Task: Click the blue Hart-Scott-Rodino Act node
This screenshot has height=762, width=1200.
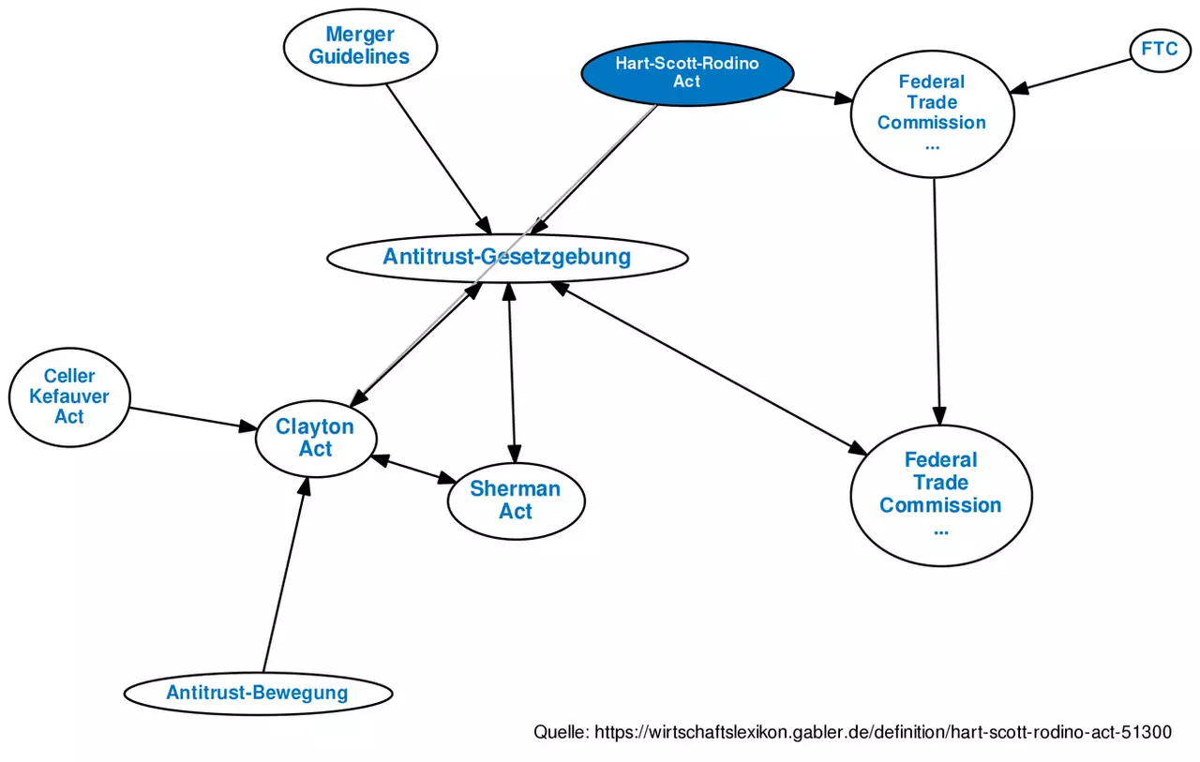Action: [x=687, y=72]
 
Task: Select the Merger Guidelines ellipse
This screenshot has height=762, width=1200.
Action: [x=360, y=45]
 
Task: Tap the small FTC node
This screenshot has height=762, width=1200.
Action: [x=1160, y=49]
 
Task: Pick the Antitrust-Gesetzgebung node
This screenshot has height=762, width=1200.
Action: [x=506, y=257]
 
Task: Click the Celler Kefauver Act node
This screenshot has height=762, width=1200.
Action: [x=69, y=396]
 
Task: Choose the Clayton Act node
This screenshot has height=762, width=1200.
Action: [x=316, y=438]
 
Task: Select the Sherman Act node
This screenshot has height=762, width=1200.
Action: [x=516, y=500]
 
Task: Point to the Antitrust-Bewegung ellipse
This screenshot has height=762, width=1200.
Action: [x=257, y=694]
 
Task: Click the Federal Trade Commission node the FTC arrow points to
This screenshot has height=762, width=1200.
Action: [x=932, y=112]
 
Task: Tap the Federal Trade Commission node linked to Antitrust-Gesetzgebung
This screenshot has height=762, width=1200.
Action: [x=940, y=494]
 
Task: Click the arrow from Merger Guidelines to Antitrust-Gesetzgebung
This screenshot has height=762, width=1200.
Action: [x=437, y=158]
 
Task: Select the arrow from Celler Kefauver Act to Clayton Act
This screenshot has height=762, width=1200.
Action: [x=192, y=419]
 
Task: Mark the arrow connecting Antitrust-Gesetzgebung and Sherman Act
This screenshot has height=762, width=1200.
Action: [x=511, y=366]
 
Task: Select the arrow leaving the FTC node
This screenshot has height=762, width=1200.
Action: [x=1073, y=75]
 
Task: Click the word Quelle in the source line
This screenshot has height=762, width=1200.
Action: [x=560, y=732]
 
